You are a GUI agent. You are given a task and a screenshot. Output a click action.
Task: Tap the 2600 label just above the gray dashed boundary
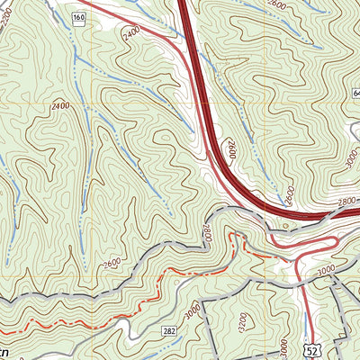point(112,264)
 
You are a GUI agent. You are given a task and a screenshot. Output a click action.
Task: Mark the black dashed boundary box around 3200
point(203,324)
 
